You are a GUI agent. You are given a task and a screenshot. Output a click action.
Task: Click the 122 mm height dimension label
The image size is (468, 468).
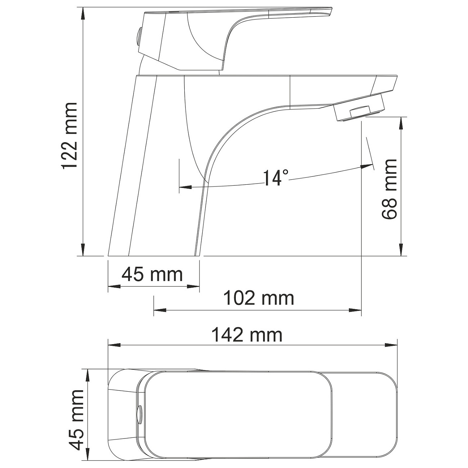(x=70, y=135)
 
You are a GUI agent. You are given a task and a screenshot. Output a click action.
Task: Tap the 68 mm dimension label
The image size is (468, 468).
(x=389, y=189)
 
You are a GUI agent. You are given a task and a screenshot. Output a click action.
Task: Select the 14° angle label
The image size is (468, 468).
(x=276, y=177)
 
